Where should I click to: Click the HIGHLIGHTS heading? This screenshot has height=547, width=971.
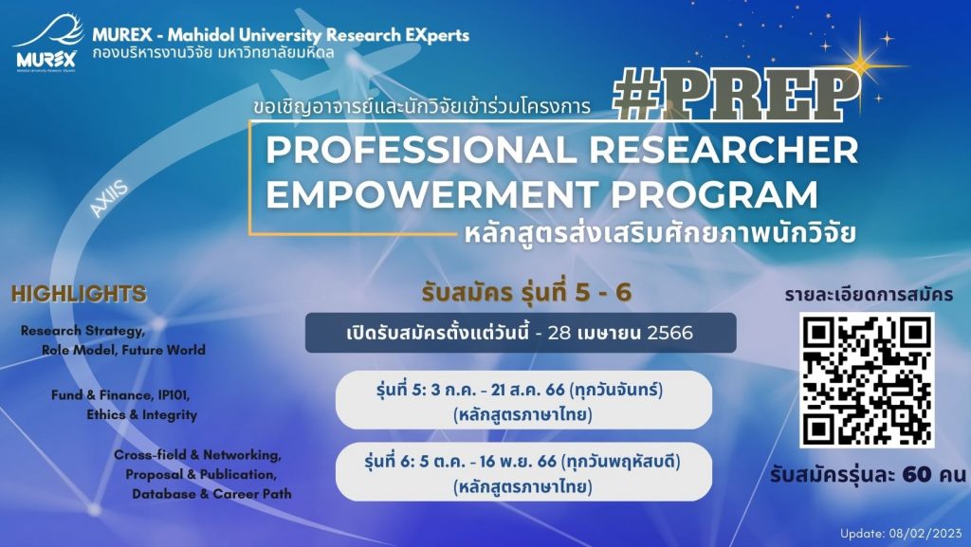tap(79, 293)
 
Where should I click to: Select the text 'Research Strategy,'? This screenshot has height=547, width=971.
tap(82, 331)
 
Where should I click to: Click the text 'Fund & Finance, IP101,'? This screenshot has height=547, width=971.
tap(115, 393)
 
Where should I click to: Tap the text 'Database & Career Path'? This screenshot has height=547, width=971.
tap(211, 494)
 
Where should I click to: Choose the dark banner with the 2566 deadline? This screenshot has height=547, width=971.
tap(520, 333)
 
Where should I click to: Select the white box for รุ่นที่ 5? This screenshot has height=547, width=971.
tap(523, 400)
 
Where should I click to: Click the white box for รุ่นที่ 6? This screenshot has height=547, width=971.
tap(523, 471)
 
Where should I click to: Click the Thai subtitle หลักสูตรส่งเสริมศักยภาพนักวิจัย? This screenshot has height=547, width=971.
tap(654, 230)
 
